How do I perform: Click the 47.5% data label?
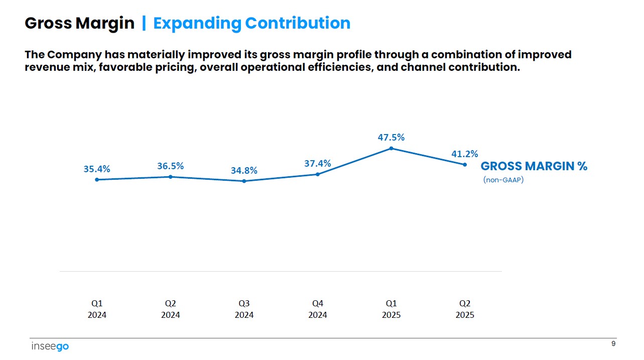click(391, 137)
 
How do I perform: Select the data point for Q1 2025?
click(391, 148)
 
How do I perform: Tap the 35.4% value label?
click(97, 169)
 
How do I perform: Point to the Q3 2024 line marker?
click(244, 181)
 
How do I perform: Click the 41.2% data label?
click(464, 154)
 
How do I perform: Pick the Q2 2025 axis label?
click(465, 309)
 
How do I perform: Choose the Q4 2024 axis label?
click(317, 309)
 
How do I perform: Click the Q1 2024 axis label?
click(97, 309)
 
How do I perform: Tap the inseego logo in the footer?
click(50, 346)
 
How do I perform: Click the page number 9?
click(613, 343)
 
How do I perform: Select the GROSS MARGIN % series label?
click(534, 167)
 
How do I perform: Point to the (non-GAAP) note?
click(503, 180)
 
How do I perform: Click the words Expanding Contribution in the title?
click(251, 23)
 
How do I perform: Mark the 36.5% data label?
click(171, 166)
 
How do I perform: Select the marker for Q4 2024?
click(317, 174)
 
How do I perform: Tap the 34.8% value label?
click(244, 171)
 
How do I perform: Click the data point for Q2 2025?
click(465, 165)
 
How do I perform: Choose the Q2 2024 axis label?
click(171, 309)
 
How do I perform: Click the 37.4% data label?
click(317, 163)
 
